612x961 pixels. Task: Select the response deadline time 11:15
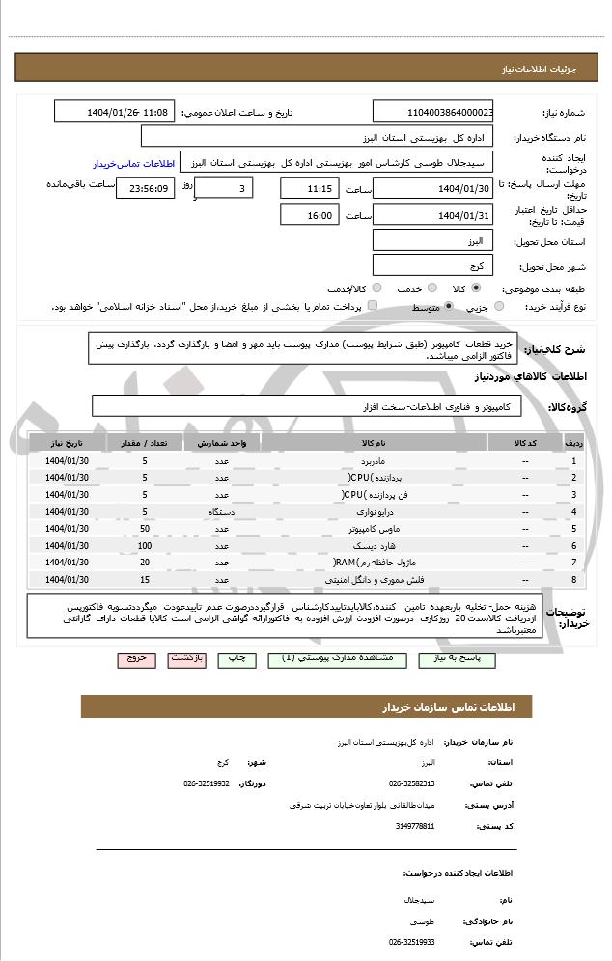tap(309, 188)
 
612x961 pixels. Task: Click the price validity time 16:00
tap(309, 214)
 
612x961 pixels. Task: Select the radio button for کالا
tap(475, 288)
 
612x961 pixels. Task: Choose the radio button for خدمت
tap(431, 288)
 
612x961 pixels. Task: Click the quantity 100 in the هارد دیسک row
tap(145, 545)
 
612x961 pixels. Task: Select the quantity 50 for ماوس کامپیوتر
tap(145, 529)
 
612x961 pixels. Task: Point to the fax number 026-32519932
tap(207, 783)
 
